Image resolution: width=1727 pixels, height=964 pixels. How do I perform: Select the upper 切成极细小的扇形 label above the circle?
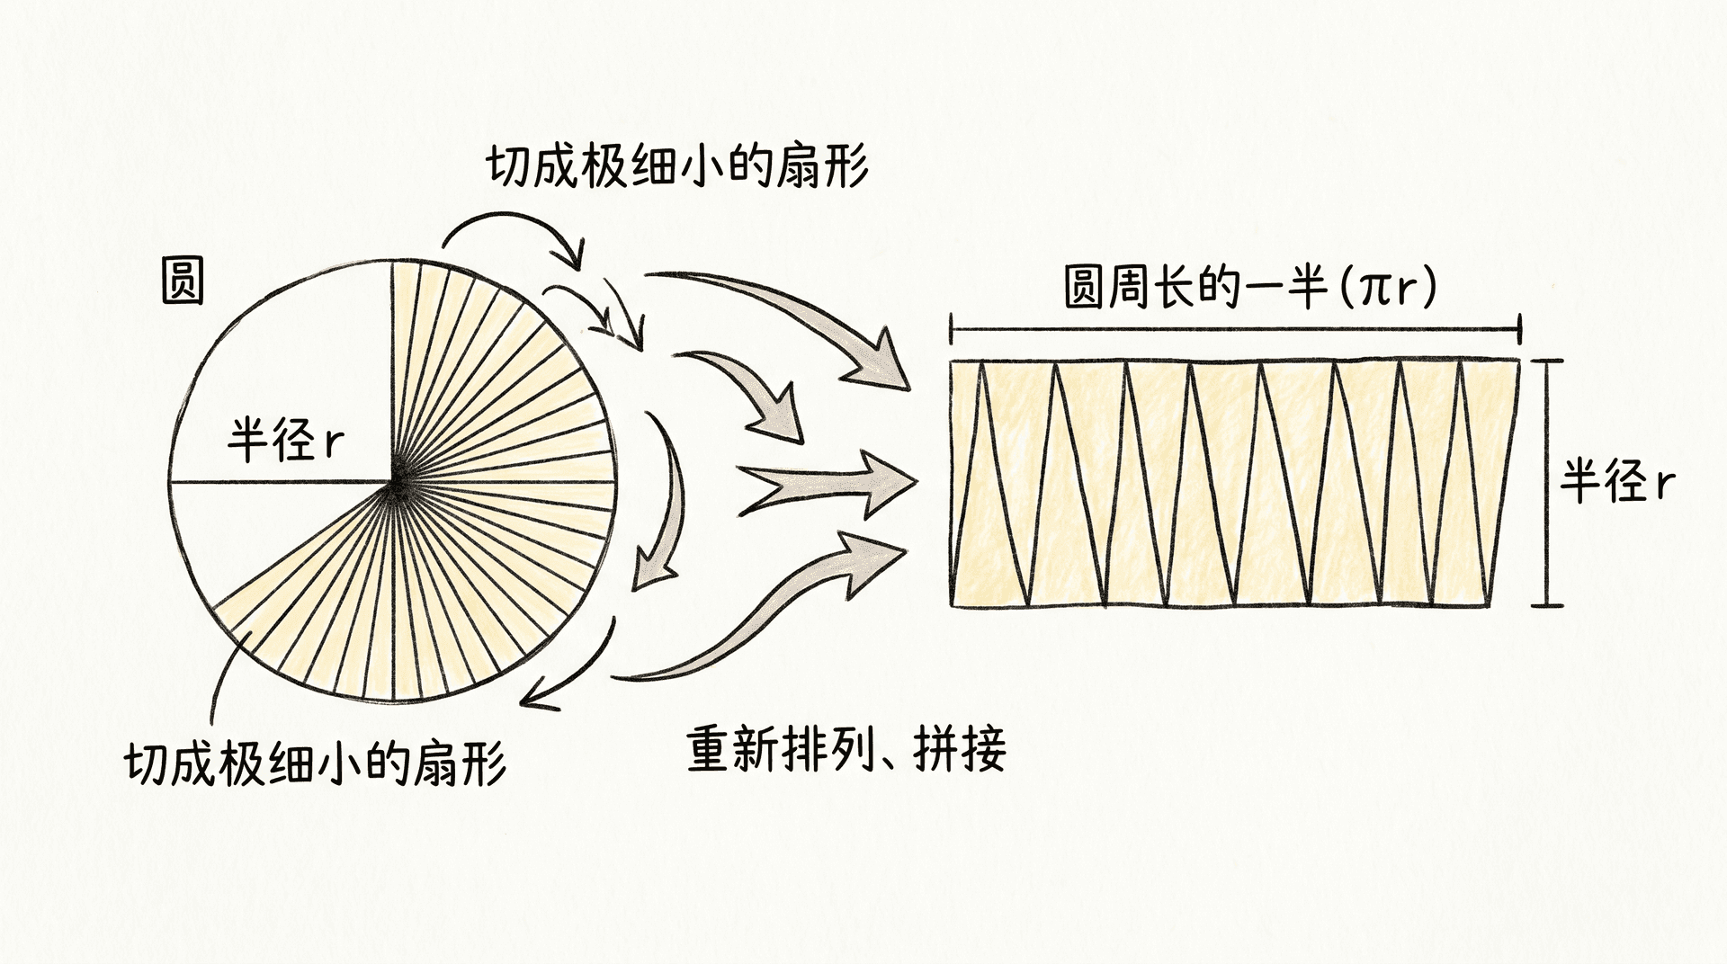pyautogui.click(x=678, y=166)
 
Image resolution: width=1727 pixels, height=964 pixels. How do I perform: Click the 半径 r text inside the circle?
pyautogui.click(x=285, y=441)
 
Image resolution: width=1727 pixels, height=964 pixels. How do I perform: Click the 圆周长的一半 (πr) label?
pyautogui.click(x=1250, y=288)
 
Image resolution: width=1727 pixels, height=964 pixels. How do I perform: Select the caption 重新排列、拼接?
pyautogui.click(x=846, y=749)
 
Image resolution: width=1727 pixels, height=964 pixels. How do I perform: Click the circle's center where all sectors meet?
pyautogui.click(x=393, y=484)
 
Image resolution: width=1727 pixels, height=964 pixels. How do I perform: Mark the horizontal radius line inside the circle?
pyautogui.click(x=281, y=483)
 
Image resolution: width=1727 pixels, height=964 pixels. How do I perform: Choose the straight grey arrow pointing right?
pyautogui.click(x=828, y=484)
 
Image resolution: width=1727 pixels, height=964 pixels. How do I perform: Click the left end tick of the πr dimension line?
pyautogui.click(x=952, y=329)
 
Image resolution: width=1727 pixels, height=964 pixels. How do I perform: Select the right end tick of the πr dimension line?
pyautogui.click(x=1519, y=329)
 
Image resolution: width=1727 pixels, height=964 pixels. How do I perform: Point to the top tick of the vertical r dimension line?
pyautogui.click(x=1547, y=361)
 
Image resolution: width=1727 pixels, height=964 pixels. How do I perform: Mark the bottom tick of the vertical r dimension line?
pyautogui.click(x=1547, y=605)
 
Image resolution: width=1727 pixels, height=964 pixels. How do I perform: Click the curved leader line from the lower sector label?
pyautogui.click(x=222, y=674)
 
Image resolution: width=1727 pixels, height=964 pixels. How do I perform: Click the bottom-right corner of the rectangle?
pyautogui.click(x=1519, y=605)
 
